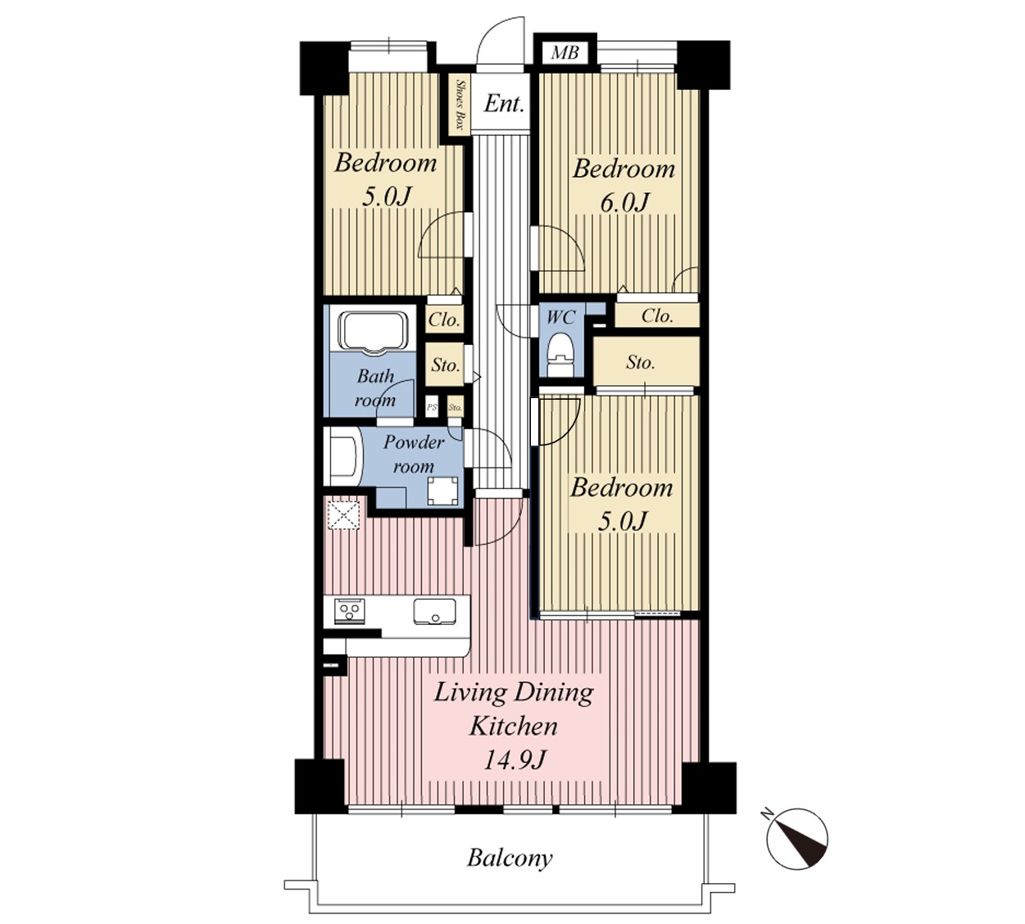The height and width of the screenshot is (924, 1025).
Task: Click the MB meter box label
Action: point(565,52)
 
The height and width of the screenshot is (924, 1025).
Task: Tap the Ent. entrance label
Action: point(504,104)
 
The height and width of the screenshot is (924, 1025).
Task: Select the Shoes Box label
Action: point(460,105)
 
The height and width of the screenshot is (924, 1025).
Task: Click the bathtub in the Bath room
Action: point(373,332)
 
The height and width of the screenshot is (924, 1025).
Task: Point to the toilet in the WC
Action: point(560,355)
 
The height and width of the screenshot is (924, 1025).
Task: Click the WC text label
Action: point(560,317)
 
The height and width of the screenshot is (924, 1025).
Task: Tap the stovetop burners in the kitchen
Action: point(350,611)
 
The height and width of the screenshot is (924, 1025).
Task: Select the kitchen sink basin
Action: point(434,611)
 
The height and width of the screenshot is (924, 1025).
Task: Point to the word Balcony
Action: point(510,858)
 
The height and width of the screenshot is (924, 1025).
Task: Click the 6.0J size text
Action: point(624,202)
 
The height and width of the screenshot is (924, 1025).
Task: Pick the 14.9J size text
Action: point(514,760)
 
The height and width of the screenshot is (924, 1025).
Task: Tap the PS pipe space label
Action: point(432,408)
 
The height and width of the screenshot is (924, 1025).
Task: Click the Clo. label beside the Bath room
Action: point(444,320)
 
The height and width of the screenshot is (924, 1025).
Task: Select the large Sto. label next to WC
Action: point(640,363)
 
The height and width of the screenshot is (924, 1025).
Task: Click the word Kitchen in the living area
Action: point(513,726)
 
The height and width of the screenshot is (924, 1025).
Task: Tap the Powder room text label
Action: point(414,454)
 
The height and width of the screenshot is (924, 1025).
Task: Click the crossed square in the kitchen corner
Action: point(343,515)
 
